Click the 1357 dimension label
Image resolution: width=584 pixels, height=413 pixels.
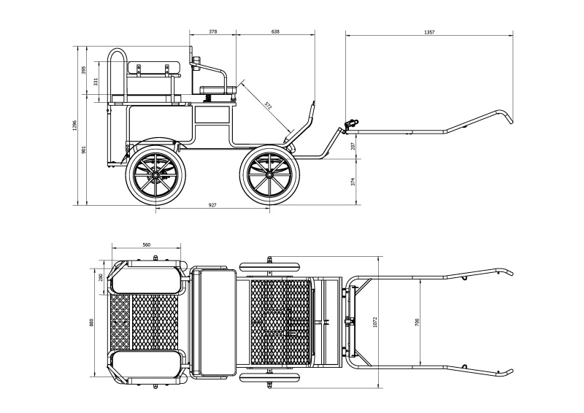tap(429, 32)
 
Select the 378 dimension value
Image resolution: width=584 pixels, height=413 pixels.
tap(212, 31)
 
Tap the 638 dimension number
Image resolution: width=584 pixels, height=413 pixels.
tap(275, 31)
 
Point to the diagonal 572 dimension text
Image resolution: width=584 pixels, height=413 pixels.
tap(268, 105)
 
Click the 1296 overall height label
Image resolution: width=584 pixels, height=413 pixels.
tap(74, 126)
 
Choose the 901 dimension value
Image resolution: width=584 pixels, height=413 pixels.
tap(84, 150)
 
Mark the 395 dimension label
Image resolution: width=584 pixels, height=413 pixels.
tap(84, 70)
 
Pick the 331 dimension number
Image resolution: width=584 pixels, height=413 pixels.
tap(96, 82)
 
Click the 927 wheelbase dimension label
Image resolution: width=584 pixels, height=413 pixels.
tap(212, 205)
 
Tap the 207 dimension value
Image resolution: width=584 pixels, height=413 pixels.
tap(353, 146)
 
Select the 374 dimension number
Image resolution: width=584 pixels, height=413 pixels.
tap(353, 182)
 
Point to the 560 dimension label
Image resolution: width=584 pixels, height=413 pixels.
tap(147, 244)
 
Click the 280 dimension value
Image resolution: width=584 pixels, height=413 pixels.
tap(100, 278)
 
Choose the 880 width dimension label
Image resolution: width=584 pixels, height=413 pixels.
tap(92, 322)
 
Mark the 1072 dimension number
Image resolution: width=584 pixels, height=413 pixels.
tap(375, 322)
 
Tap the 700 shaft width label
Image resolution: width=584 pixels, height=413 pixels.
tap(417, 322)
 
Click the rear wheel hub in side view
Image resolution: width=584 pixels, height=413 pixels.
tap(155, 175)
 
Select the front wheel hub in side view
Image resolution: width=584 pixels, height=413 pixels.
tap(269, 174)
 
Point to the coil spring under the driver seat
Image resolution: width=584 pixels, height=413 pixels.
tap(208, 98)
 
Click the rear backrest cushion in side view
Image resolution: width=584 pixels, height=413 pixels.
tap(154, 68)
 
